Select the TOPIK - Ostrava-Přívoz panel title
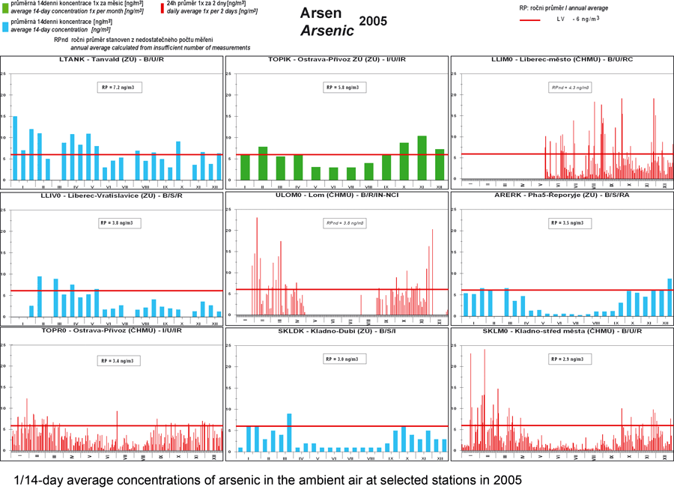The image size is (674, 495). click(x=337, y=59)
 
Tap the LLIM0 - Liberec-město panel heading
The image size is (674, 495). click(x=562, y=59)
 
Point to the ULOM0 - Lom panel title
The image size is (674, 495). click(x=337, y=195)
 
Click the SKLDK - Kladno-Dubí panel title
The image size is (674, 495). click(x=337, y=331)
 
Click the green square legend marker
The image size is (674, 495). click(x=5, y=7)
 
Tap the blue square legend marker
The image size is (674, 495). click(x=5, y=25)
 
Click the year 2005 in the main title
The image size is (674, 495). click(x=373, y=22)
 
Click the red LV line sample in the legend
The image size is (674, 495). click(x=532, y=19)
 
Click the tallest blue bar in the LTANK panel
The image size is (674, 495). click(x=15, y=148)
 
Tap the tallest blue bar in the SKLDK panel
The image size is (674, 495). click(x=289, y=432)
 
